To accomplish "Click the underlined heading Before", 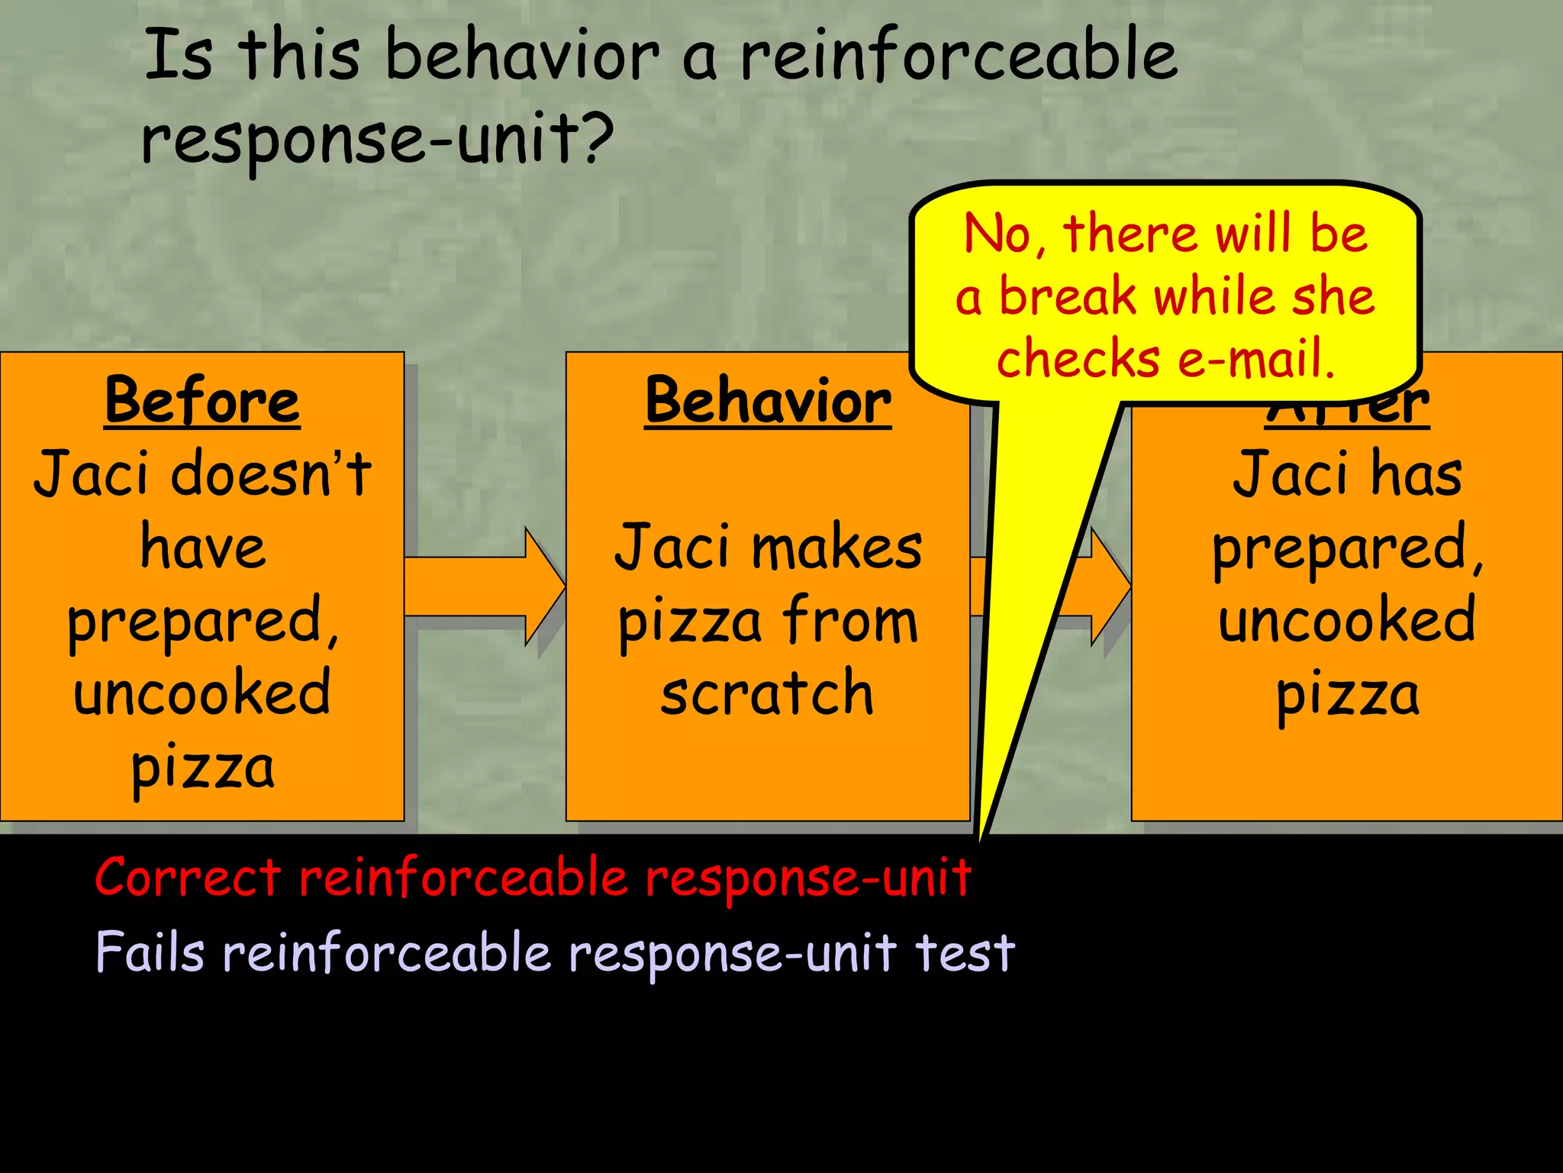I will tap(202, 401).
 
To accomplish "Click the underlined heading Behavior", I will tap(768, 401).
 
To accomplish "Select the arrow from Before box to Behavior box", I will tap(485, 586).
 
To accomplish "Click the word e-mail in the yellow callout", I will tap(1256, 358).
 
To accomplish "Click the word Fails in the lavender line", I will tap(150, 952).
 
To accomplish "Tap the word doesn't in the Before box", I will tap(271, 473).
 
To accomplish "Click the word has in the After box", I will tap(1416, 473).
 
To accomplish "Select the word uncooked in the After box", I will tap(1347, 620).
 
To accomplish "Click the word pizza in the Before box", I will tap(202, 768).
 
